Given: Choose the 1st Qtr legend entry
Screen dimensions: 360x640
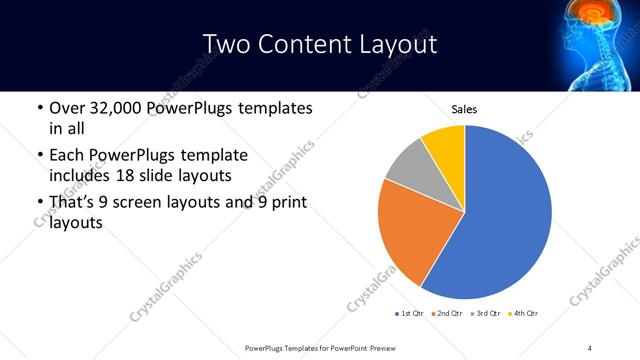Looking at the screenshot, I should click(x=409, y=314).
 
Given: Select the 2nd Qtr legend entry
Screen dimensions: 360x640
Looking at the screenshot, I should click(x=447, y=314).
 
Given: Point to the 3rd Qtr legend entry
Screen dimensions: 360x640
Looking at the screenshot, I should click(x=486, y=314).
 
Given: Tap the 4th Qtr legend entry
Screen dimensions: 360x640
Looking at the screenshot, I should click(x=524, y=314).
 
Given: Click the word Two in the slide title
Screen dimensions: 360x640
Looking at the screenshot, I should click(x=226, y=44).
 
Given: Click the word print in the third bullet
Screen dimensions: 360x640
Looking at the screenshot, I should click(x=286, y=203).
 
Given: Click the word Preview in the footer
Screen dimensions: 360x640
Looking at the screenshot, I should click(x=379, y=347).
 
